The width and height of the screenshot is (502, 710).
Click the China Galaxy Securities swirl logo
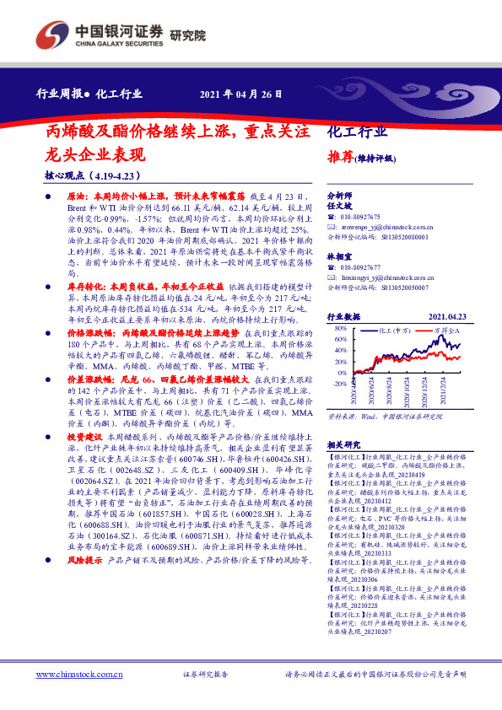pos(53,35)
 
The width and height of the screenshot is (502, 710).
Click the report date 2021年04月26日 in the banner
pos(240,94)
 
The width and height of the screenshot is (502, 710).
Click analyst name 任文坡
pos(338,205)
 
